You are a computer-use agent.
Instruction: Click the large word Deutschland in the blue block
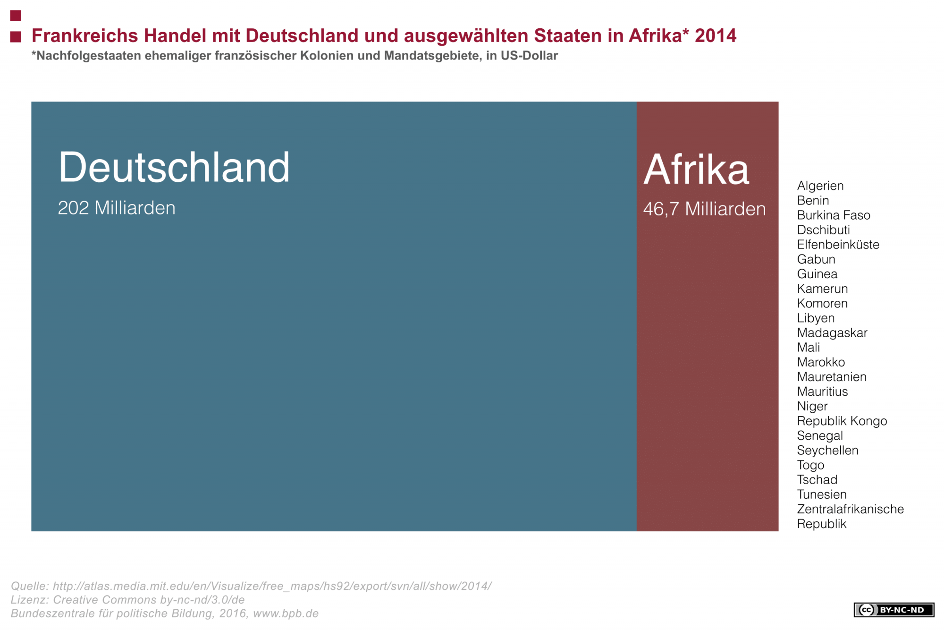pos(174,167)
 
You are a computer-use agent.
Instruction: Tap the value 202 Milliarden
pos(117,208)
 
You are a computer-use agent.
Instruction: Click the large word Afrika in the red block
pos(696,170)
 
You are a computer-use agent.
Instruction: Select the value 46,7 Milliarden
pos(704,209)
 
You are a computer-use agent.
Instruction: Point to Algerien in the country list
pos(820,186)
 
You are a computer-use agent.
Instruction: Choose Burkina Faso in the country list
pos(834,215)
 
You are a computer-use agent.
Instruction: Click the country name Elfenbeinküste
pos(838,245)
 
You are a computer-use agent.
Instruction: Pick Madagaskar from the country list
pos(832,333)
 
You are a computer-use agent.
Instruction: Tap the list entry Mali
pos(808,348)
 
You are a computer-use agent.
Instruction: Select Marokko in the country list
pos(821,362)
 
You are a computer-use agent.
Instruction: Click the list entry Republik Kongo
pos(842,421)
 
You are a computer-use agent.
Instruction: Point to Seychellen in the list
pos(827,451)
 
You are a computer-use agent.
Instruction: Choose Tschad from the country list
pos(817,480)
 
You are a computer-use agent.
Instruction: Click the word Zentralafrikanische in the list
pos(850,509)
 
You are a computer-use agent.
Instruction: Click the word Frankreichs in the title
pos(85,36)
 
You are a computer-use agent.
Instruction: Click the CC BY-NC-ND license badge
pos(893,610)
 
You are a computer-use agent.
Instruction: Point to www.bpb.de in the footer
pos(286,613)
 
